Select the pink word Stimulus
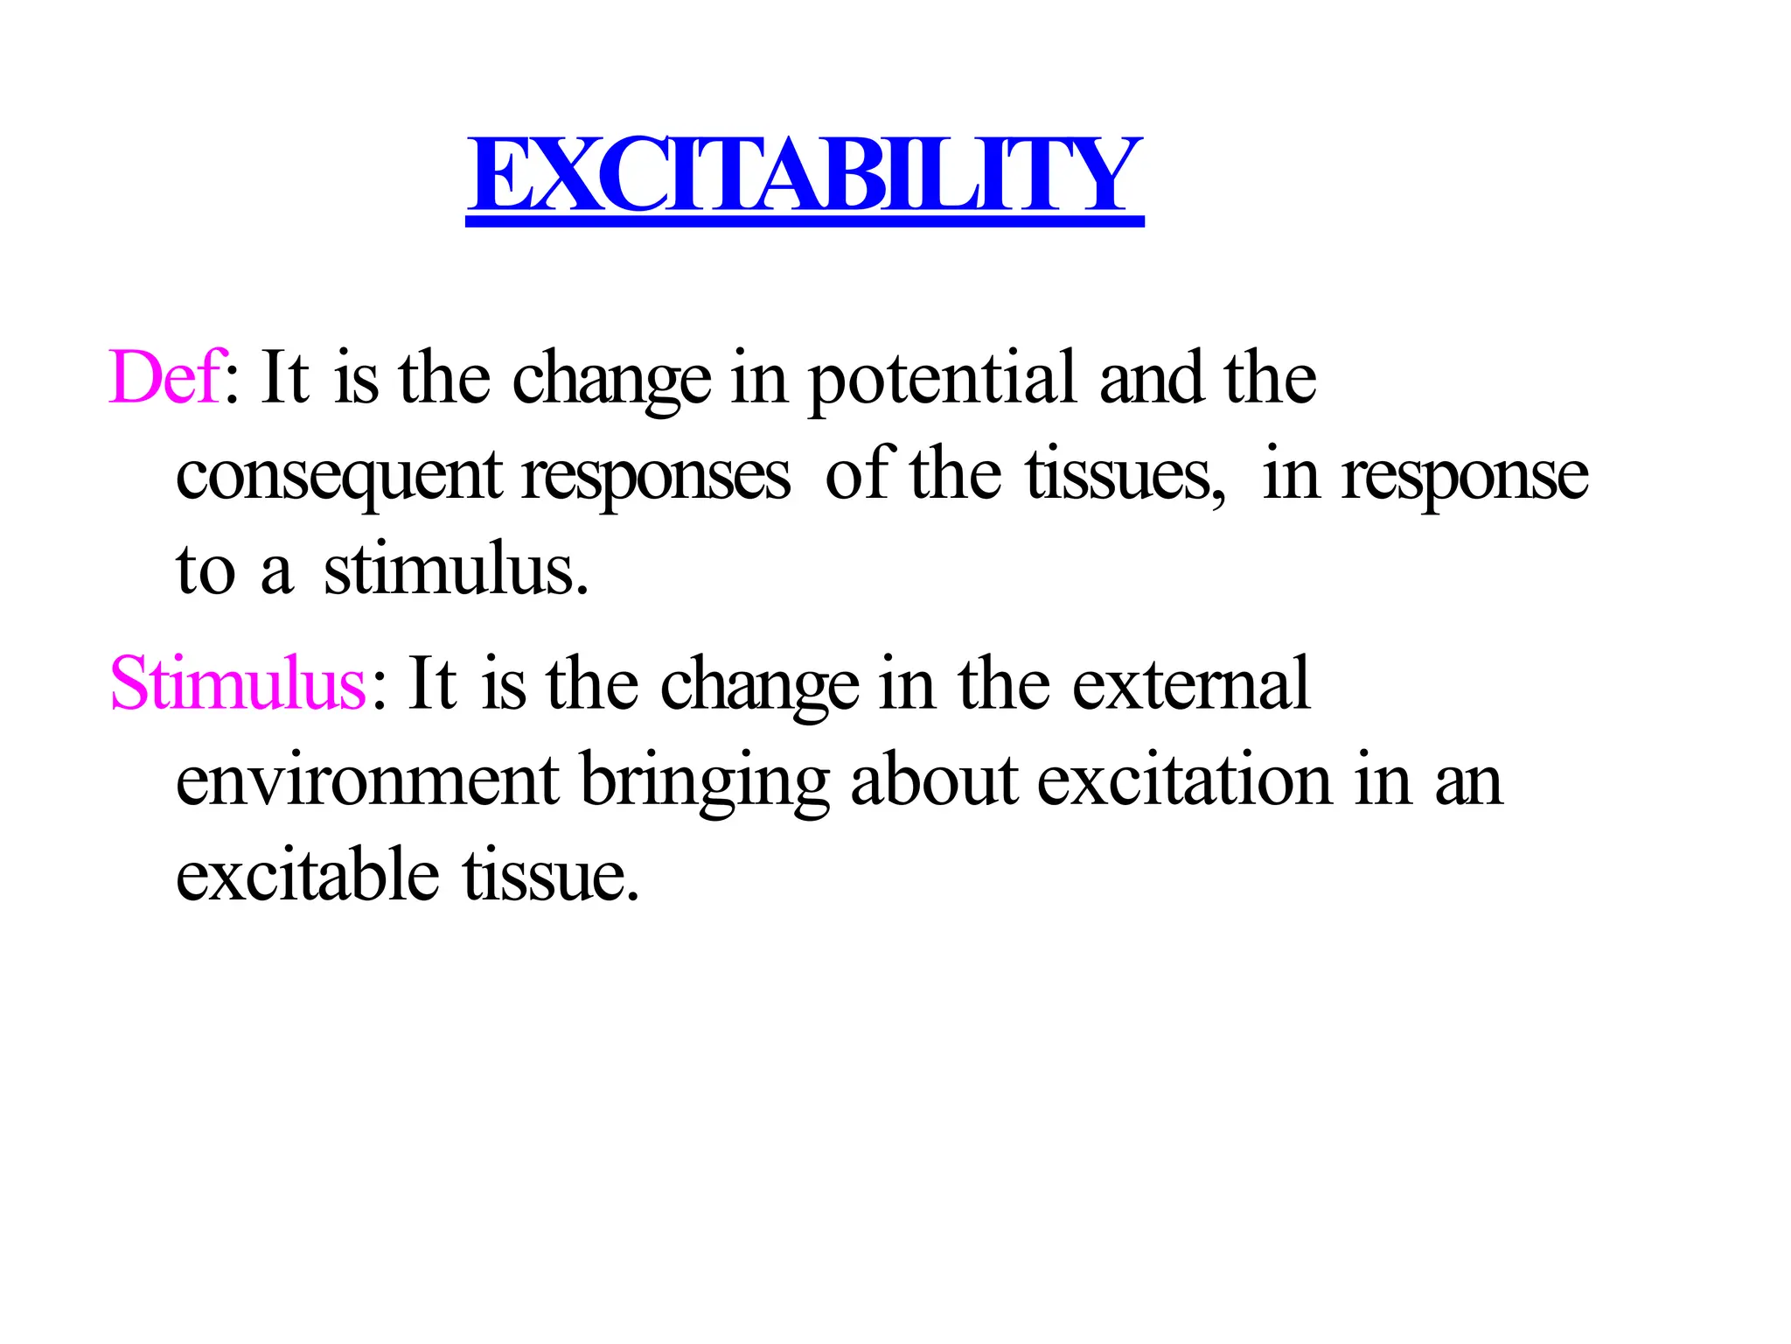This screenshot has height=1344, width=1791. (237, 683)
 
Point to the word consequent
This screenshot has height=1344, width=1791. (338, 477)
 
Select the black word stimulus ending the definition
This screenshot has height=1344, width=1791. (454, 570)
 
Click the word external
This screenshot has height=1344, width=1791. (1190, 683)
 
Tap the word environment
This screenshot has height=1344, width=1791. (367, 780)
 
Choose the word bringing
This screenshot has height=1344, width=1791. (704, 781)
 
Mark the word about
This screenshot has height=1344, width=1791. (933, 780)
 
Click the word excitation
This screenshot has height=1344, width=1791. (1185, 780)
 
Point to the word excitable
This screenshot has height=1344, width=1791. (307, 875)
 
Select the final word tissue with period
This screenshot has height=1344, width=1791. (550, 875)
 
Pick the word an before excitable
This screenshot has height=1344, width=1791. (1468, 781)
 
